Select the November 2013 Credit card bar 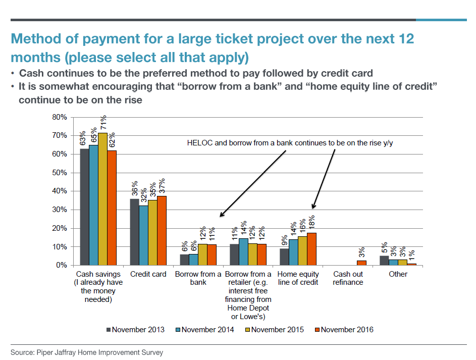[x=134, y=232]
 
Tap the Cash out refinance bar [x=361, y=263]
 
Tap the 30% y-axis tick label [x=60, y=210]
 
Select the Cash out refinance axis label [x=348, y=278]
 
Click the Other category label [x=398, y=274]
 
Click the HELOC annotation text [x=289, y=143]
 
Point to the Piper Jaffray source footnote [x=87, y=352]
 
